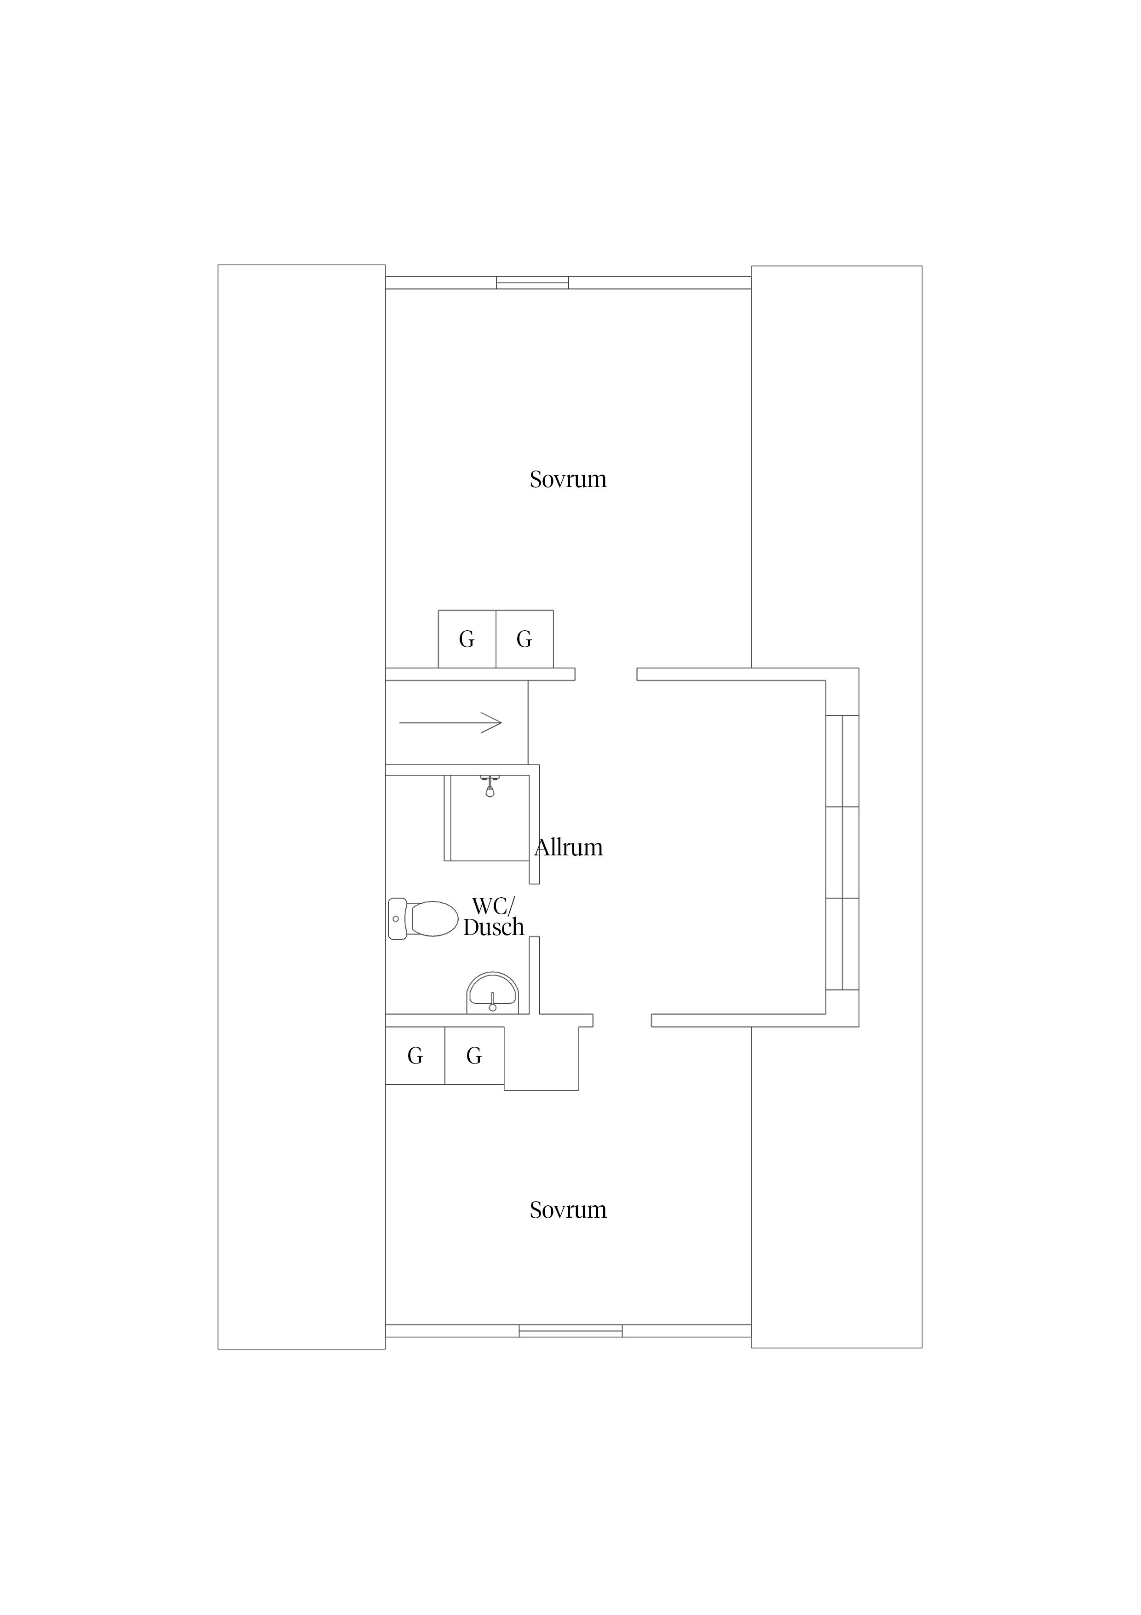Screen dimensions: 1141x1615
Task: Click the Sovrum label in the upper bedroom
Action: coord(568,479)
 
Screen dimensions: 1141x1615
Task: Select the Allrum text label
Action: coord(569,847)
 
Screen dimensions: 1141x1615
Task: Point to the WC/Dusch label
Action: coord(494,917)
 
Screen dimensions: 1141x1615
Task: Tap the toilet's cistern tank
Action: coord(397,918)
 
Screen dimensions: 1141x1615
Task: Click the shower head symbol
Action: coord(490,786)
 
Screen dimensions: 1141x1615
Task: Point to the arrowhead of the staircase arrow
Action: coord(492,722)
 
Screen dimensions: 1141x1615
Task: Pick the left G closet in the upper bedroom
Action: coord(467,639)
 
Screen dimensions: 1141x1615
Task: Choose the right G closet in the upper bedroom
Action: coord(524,639)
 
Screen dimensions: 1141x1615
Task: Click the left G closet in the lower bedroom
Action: coord(415,1056)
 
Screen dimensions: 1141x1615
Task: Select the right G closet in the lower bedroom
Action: coord(474,1056)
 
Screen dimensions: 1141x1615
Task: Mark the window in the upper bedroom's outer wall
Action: coord(532,283)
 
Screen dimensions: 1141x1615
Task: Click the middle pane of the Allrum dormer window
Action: coord(842,853)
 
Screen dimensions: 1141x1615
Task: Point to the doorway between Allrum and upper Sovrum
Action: coord(606,674)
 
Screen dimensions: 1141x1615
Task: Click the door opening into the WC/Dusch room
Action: coord(534,910)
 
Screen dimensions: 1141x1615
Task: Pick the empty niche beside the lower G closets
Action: coord(542,1058)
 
